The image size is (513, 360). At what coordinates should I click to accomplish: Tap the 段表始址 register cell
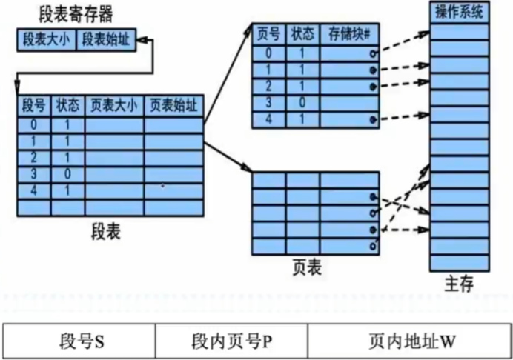[x=105, y=41]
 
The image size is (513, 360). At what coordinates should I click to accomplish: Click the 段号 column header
[x=34, y=106]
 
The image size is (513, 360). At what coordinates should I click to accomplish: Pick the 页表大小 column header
[x=114, y=106]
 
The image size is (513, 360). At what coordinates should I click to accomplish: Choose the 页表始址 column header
[x=173, y=106]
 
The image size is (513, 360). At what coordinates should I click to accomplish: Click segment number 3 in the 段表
[x=34, y=173]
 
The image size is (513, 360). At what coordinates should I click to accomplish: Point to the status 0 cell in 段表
[x=67, y=173]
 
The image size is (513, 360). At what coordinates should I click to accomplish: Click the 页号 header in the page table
[x=266, y=34]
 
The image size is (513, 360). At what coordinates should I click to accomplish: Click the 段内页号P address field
[x=230, y=343]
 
